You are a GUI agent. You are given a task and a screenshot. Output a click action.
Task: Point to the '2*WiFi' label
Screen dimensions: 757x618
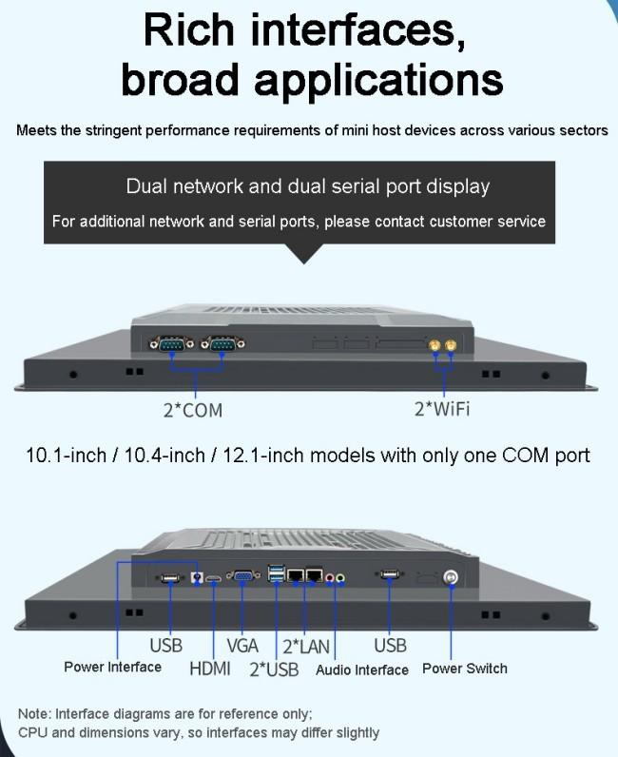[x=442, y=409]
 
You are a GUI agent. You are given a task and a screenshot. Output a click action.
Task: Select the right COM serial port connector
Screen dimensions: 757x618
[x=221, y=345]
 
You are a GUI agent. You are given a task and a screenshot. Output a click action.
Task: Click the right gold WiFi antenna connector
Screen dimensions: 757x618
[x=451, y=349]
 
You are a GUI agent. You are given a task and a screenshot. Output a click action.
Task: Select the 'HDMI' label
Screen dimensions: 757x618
[x=209, y=668]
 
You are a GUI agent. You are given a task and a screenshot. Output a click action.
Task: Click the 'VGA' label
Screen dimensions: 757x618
[x=242, y=646]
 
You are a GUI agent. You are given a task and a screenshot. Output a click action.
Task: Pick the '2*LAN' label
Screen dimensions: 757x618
[x=305, y=647]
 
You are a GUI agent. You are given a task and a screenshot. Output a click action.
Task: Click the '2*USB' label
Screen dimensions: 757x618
[x=274, y=670]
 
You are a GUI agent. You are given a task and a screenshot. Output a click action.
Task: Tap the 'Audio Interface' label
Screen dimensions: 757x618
[x=362, y=670]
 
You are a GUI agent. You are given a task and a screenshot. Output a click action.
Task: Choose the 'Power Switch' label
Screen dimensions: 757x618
[x=465, y=668]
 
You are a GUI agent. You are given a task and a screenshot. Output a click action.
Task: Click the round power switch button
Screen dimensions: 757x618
[x=452, y=577]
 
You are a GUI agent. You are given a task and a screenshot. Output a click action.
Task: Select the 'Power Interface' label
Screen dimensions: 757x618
[x=112, y=667]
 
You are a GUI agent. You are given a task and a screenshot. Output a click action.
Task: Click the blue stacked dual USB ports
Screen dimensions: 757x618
[x=277, y=575]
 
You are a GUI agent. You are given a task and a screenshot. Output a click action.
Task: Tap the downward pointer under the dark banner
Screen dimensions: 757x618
[x=304, y=255]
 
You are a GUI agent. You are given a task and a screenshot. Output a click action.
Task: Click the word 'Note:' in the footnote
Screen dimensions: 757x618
[x=36, y=713]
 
